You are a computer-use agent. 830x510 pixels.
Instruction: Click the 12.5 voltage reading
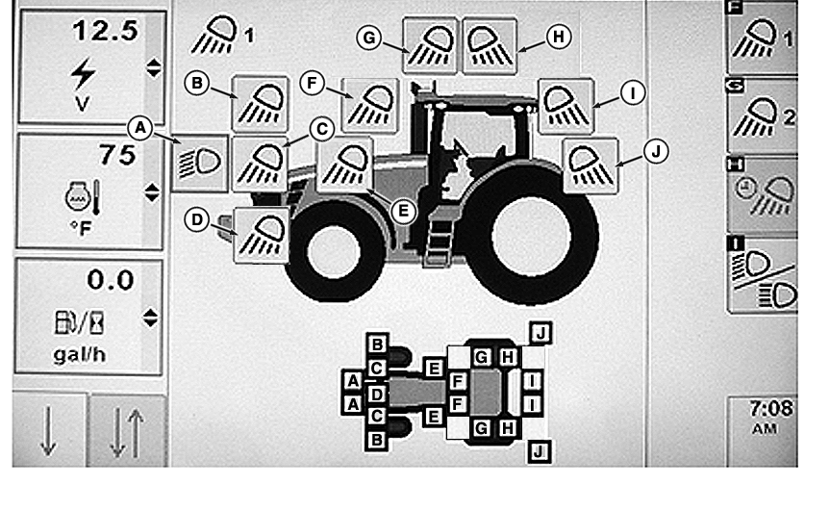pos(106,30)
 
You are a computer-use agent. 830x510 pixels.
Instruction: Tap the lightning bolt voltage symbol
pos(83,73)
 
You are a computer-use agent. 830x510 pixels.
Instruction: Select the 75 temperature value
pos(117,155)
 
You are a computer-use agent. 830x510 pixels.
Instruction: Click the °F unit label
pos(81,229)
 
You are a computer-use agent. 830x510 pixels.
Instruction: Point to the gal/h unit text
pos(80,354)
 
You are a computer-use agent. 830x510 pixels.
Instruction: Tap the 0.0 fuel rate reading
pos(110,280)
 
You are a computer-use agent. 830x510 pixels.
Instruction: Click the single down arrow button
pos(49,430)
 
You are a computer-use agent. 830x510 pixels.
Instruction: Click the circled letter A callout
pos(140,128)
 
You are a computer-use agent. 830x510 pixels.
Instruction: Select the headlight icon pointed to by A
pos(200,164)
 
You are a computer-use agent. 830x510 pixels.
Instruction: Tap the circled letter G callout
pos(369,38)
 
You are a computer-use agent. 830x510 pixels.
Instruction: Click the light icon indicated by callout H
pos(490,45)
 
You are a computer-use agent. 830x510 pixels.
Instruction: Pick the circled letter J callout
pos(656,152)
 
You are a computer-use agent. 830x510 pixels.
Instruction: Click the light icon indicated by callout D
pos(262,235)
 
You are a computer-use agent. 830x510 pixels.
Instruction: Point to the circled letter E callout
pos(403,212)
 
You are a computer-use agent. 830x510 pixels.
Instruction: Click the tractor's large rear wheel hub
pos(531,236)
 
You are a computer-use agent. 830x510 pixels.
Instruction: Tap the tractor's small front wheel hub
pos(334,251)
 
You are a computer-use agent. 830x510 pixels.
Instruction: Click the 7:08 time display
pos(771,408)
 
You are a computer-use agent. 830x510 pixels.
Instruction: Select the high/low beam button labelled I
pos(763,275)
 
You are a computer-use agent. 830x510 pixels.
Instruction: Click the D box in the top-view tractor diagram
pos(376,394)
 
